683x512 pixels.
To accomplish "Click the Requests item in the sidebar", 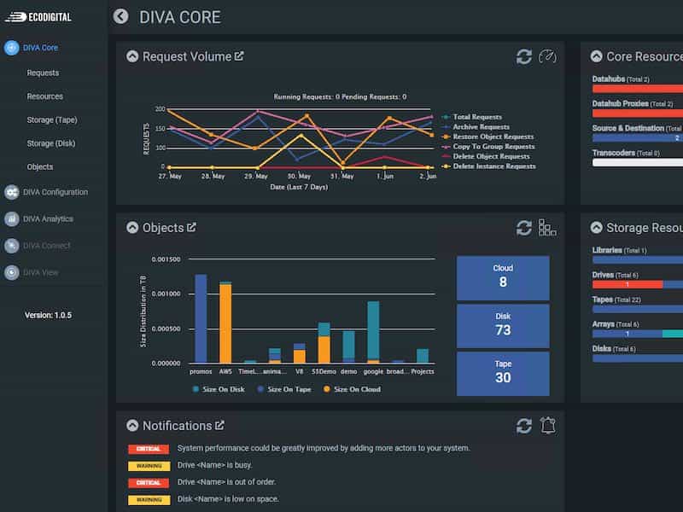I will pos(43,73).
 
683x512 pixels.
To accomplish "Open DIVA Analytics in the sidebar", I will pos(48,218).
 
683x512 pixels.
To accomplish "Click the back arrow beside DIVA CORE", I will pos(120,16).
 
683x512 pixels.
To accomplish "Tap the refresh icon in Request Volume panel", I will pos(524,56).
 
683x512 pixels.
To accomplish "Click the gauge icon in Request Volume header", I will pos(547,56).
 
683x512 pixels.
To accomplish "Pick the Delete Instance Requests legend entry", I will pos(493,166).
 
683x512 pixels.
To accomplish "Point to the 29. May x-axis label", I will pos(256,177).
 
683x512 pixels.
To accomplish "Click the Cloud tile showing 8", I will pos(503,276).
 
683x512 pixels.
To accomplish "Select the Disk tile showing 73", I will pos(503,324).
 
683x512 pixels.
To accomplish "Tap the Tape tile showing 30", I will pos(503,372).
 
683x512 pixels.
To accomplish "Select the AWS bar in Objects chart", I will pos(225,324).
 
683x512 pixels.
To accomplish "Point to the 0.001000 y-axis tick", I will pos(161,294).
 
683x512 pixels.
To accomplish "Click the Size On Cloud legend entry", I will pos(352,389).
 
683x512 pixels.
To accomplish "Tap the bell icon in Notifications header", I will pos(548,425).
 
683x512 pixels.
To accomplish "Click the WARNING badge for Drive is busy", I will pos(149,466).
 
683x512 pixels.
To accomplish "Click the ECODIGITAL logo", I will pos(43,16).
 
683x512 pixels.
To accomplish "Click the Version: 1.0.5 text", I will pos(48,315).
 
